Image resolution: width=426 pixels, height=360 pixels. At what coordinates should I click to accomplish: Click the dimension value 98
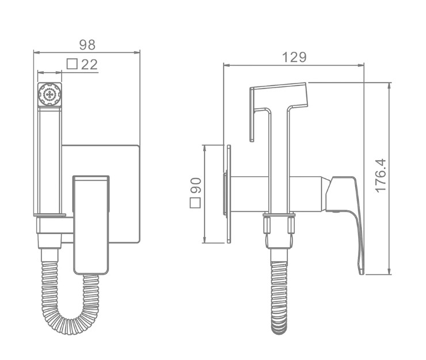pyautogui.click(x=88, y=44)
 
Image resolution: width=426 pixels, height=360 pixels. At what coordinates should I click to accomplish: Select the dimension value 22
pyautogui.click(x=89, y=65)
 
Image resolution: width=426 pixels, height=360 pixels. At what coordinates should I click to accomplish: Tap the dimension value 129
pyautogui.click(x=294, y=57)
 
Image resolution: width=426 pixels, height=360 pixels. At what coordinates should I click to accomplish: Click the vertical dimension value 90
pyautogui.click(x=196, y=185)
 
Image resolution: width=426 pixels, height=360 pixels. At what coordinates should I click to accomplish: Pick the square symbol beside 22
pyautogui.click(x=73, y=65)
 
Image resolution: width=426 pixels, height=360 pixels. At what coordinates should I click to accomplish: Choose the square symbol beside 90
pyautogui.click(x=196, y=202)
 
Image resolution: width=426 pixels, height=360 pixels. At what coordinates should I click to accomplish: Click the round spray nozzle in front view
pyautogui.click(x=50, y=94)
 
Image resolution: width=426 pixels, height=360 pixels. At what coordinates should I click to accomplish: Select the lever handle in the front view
pyautogui.click(x=91, y=225)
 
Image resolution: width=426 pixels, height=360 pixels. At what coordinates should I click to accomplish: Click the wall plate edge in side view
pyautogui.click(x=229, y=192)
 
